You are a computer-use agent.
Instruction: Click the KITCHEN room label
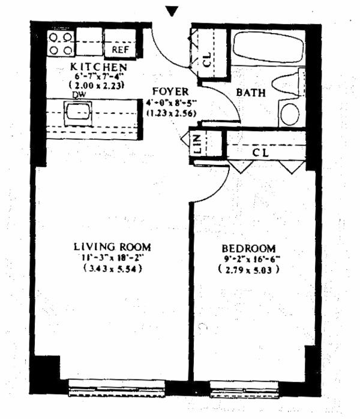click(98, 66)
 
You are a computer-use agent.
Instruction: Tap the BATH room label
click(248, 93)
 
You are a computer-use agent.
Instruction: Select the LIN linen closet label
click(198, 145)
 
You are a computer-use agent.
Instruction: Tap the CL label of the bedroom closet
click(260, 152)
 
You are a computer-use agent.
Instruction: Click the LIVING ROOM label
click(112, 246)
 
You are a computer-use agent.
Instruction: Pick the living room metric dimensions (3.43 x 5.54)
click(112, 269)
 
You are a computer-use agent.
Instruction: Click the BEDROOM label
click(248, 249)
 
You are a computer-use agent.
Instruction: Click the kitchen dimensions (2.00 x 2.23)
click(98, 85)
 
